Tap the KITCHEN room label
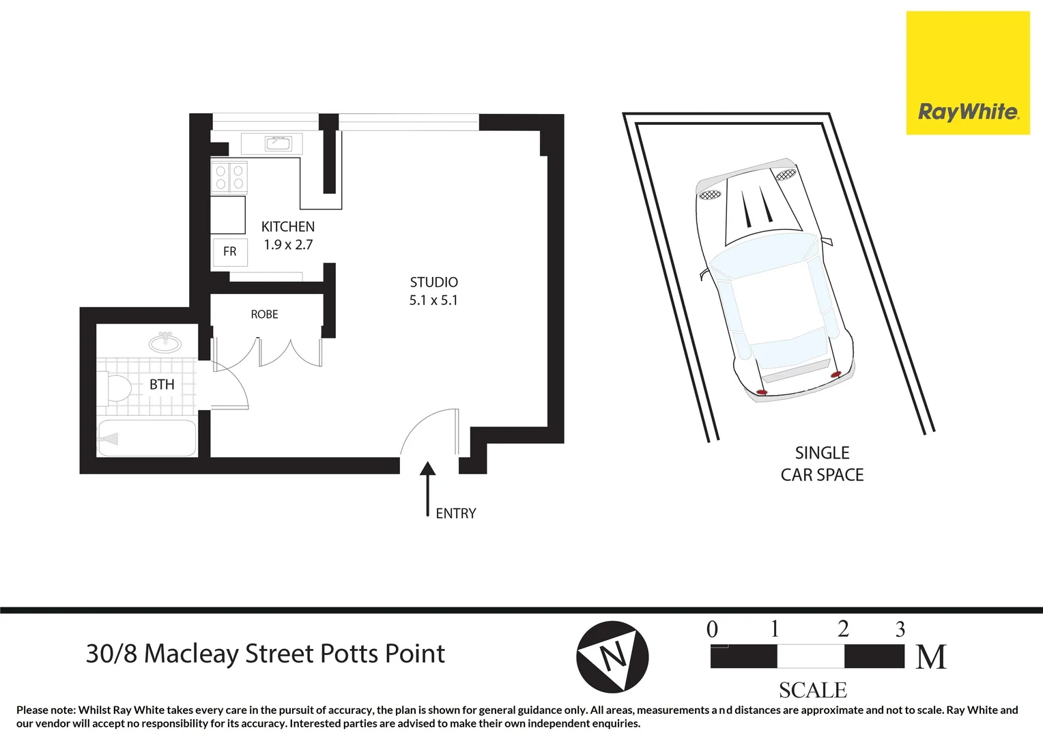[x=287, y=227]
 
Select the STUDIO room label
[x=433, y=282]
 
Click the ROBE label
[x=264, y=315]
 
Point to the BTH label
[x=162, y=385]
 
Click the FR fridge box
[x=229, y=252]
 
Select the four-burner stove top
[x=229, y=177]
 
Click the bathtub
[x=147, y=438]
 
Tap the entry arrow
[x=427, y=488]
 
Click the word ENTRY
[x=455, y=514]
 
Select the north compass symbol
[x=612, y=657]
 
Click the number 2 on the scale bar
[x=843, y=628]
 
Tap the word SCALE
[x=812, y=691]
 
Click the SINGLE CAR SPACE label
[x=822, y=464]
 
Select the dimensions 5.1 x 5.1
[x=433, y=300]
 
